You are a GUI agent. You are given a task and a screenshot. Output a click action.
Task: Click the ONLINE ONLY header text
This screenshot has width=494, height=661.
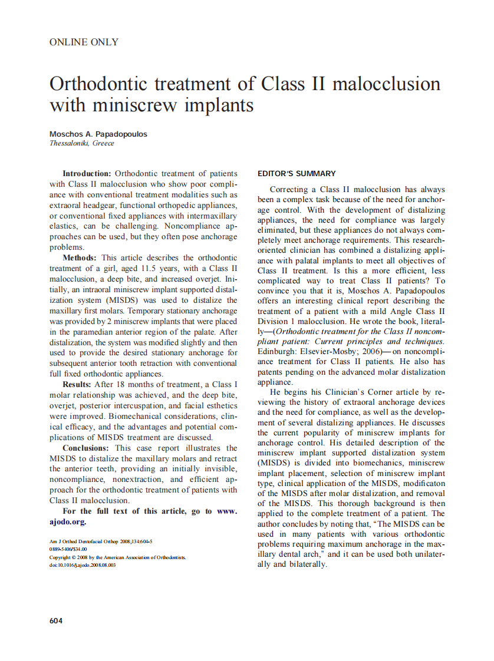pyautogui.click(x=84, y=42)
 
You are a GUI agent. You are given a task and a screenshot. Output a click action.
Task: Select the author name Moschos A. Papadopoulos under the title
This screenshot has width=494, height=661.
pyautogui.click(x=98, y=134)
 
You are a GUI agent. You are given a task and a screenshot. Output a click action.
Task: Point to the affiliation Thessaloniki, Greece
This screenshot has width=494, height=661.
pyautogui.click(x=82, y=143)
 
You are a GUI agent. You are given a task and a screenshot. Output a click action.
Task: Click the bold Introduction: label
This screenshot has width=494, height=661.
pyautogui.click(x=87, y=174)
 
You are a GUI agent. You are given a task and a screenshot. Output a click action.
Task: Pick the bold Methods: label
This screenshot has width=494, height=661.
pyautogui.click(x=81, y=258)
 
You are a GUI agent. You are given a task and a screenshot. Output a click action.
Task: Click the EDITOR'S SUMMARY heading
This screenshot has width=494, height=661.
pyautogui.click(x=297, y=174)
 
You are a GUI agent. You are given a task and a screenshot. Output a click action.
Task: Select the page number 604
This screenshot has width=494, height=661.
pyautogui.click(x=56, y=620)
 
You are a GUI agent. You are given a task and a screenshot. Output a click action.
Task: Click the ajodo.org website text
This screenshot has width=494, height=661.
pyautogui.click(x=68, y=521)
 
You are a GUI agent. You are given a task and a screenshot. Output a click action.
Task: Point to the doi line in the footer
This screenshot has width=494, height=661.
pyautogui.click(x=83, y=564)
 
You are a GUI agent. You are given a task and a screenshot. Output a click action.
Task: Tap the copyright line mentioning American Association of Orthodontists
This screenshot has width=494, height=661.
pyautogui.click(x=117, y=557)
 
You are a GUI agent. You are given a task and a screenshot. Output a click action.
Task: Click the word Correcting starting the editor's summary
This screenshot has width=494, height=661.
pyautogui.click(x=289, y=190)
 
